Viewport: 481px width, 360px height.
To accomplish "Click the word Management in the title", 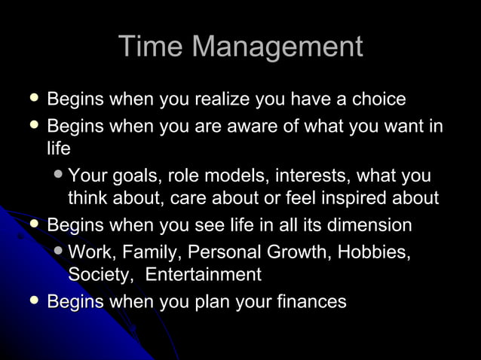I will pyautogui.click(x=277, y=47).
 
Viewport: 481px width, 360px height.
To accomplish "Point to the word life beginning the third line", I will pyautogui.click(x=58, y=149).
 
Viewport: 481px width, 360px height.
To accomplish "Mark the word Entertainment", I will pyautogui.click(x=203, y=275).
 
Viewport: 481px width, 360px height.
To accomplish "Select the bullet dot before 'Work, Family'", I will pyautogui.click(x=59, y=251).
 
